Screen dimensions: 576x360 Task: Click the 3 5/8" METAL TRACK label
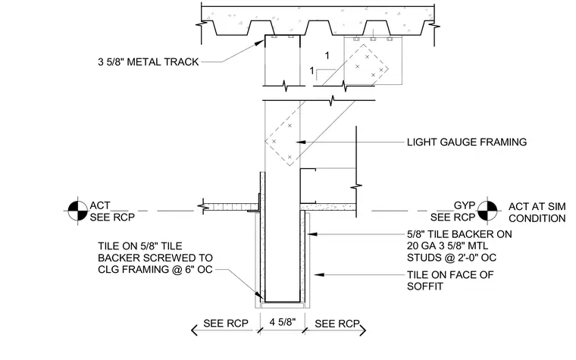point(148,61)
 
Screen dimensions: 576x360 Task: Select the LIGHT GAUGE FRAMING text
point(467,142)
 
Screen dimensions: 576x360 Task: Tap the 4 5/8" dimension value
point(283,322)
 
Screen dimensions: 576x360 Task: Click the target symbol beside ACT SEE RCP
point(77,211)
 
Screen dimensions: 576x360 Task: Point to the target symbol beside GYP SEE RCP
point(487,211)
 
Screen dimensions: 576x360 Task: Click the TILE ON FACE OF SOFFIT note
point(450,280)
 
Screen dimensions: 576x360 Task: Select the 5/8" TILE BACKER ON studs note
point(459,246)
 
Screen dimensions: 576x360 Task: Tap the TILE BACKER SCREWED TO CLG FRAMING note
point(155,258)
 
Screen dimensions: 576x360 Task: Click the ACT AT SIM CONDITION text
point(537,212)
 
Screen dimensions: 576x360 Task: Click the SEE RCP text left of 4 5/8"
point(226,324)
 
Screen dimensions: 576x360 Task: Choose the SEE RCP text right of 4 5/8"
point(337,324)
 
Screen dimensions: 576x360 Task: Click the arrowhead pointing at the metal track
point(261,42)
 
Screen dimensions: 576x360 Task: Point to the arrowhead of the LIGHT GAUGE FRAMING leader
point(300,142)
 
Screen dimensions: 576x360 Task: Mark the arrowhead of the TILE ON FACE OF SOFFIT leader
point(319,274)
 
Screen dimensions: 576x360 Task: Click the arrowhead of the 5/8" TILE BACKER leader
point(312,233)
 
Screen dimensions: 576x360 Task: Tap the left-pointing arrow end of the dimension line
point(194,330)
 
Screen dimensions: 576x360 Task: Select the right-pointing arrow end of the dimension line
point(363,330)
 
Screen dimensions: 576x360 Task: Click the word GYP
point(465,205)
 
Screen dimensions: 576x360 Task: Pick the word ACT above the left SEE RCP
point(100,205)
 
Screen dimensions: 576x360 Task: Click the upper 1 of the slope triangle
point(327,55)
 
